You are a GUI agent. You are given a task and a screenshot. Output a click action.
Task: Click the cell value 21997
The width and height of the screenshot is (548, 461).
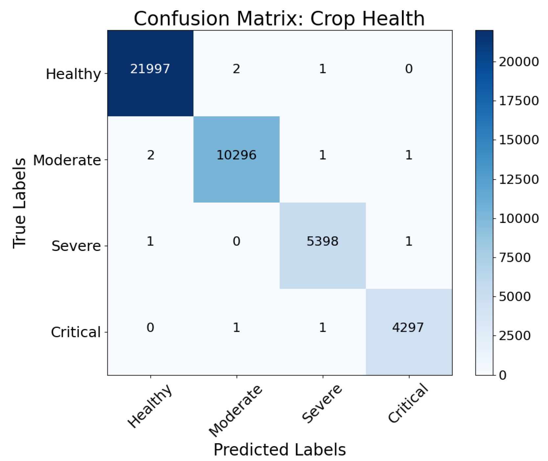point(150,69)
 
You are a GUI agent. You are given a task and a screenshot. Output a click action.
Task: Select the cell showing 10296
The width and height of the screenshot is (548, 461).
point(236,155)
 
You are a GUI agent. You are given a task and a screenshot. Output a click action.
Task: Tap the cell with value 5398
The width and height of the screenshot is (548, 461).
point(322,242)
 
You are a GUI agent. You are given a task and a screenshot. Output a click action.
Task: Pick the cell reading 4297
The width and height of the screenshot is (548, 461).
point(408,328)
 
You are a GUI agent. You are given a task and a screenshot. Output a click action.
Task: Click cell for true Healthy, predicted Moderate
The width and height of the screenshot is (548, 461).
point(236,69)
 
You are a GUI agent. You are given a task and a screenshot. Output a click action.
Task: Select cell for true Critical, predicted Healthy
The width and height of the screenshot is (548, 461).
point(150,328)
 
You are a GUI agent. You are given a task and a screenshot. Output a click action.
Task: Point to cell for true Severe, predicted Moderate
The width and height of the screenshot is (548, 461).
point(236,242)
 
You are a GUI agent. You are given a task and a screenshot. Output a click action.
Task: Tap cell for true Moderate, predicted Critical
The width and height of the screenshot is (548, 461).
point(408,155)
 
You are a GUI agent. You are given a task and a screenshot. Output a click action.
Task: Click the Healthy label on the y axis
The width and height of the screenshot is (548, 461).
point(73,74)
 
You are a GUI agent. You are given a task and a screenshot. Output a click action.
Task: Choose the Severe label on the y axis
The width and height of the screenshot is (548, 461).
point(76,246)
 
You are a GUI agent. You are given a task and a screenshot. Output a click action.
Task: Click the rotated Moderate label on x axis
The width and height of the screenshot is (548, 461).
point(235,411)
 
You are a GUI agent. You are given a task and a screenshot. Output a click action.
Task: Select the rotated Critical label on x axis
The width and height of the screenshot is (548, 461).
point(408,403)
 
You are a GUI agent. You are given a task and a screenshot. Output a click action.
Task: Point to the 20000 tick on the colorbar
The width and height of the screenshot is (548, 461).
point(518,62)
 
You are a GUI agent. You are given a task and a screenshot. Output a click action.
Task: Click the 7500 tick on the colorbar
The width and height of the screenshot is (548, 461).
point(514,257)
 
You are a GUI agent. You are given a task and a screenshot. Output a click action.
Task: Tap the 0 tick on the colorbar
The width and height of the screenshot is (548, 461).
point(503,375)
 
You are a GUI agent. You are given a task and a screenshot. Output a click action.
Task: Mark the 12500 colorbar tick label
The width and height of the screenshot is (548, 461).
point(518,180)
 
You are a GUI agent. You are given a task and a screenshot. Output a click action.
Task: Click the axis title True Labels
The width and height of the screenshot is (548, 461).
point(20,203)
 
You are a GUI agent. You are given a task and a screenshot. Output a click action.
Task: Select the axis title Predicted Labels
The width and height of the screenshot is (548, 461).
point(280,449)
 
